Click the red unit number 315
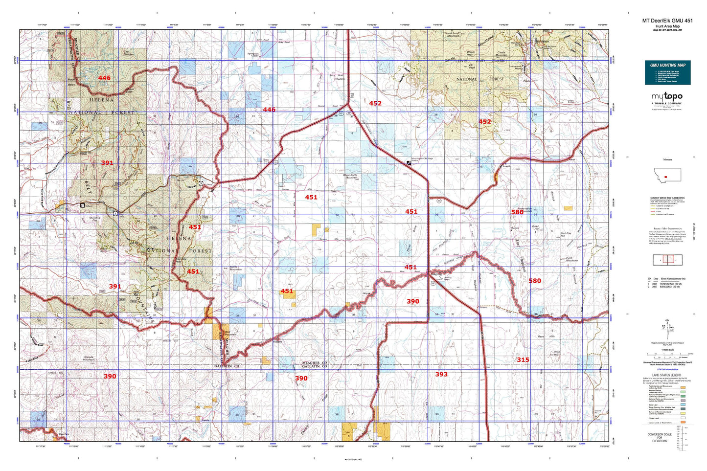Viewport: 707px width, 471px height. pos(523,359)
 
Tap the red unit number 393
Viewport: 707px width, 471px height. pos(441,374)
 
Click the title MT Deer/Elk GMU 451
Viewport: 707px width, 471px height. pos(667,21)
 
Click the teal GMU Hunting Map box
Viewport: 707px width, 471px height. pos(667,72)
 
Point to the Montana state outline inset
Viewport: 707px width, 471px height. pos(667,175)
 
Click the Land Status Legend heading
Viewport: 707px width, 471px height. pos(666,375)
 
